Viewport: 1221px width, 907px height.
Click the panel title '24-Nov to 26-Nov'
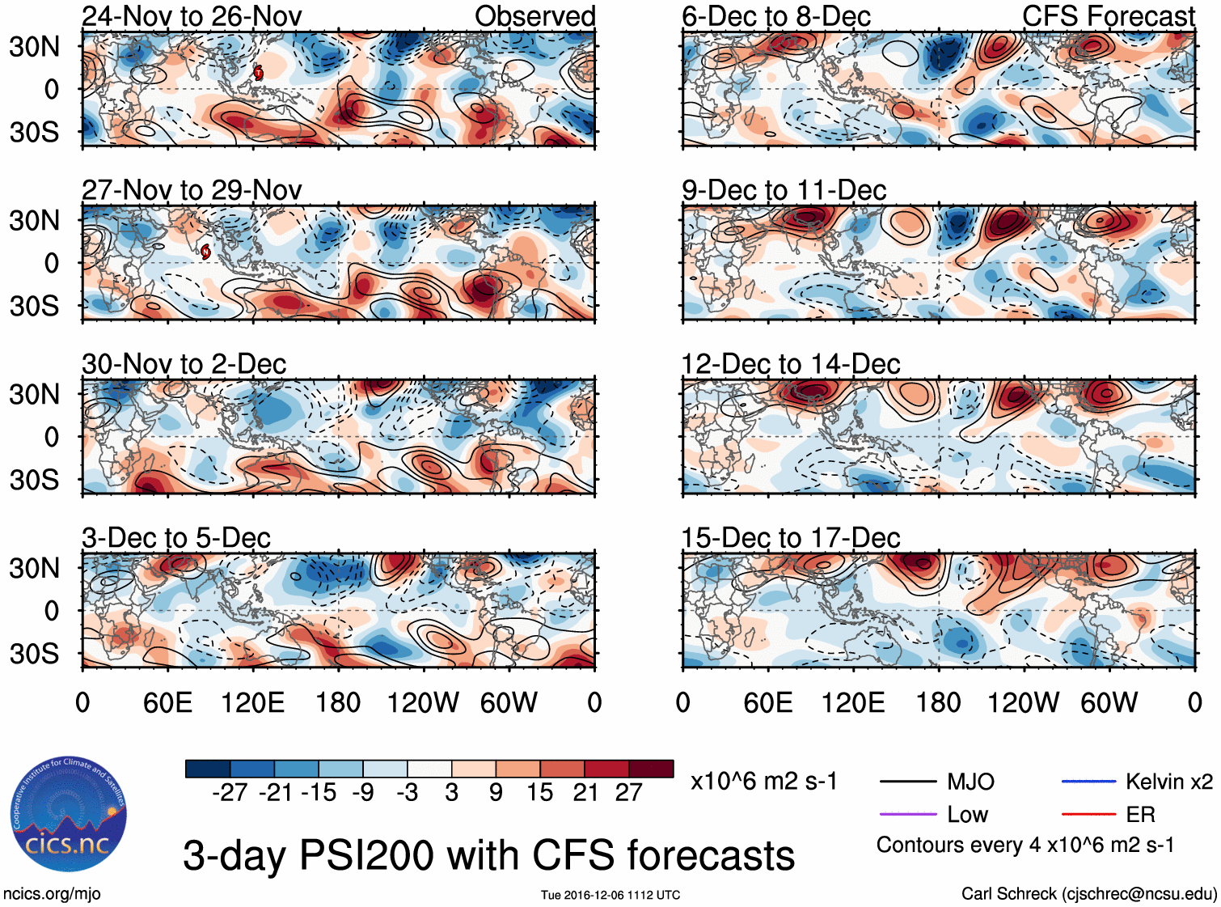192,16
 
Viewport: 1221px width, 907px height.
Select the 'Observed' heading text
534,16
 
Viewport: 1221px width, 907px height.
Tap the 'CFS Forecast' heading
1108,16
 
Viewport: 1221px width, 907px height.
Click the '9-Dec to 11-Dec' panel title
784,190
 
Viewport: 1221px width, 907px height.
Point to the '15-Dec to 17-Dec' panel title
790,538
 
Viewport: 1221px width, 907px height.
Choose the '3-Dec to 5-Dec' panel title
175,538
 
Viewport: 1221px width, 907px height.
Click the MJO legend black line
907,782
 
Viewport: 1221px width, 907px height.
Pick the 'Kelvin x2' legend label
1168,782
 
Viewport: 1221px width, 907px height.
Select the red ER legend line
1088,814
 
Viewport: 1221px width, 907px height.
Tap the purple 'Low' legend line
907,814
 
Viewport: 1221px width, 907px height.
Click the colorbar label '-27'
230,793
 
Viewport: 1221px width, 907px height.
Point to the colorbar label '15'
539,793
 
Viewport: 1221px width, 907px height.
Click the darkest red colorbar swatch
651,769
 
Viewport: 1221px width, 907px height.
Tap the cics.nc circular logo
69,815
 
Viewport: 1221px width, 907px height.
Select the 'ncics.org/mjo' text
52,894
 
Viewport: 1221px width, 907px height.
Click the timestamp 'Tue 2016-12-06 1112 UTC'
610,895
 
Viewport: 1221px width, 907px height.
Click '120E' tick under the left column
252,702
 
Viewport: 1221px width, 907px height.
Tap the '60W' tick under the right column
1109,702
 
